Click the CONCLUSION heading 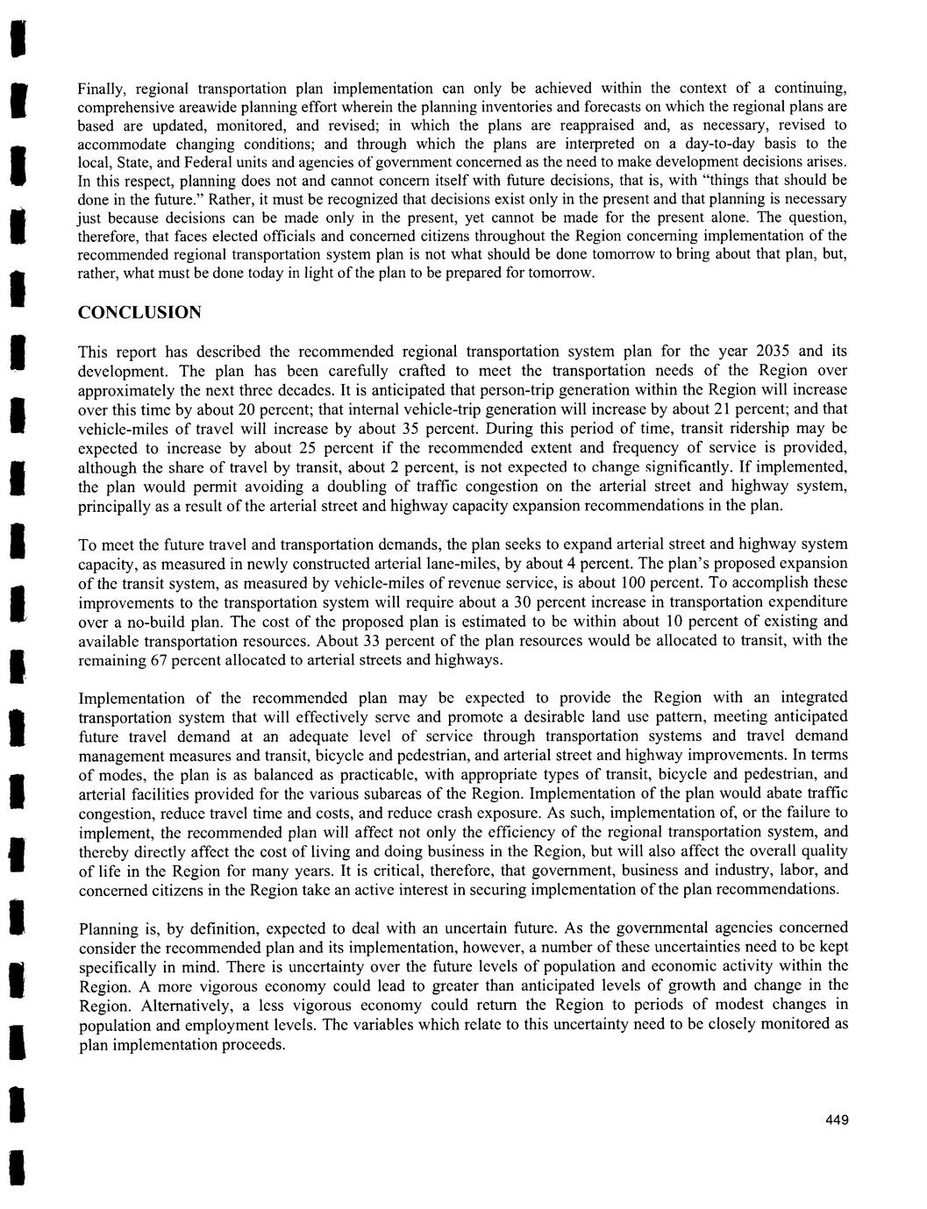[139, 313]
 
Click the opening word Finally [103, 89]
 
